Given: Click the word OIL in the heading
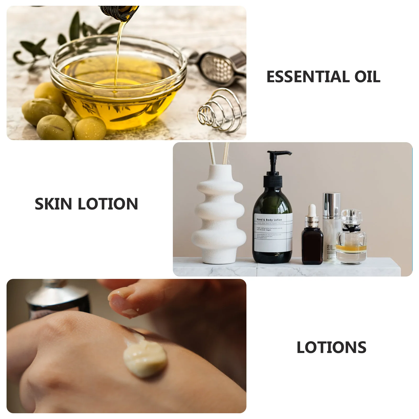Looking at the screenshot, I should (x=367, y=77).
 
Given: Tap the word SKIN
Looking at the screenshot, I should (x=53, y=204).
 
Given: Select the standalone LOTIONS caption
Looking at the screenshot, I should (x=331, y=348).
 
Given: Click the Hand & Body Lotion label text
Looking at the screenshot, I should (x=269, y=220).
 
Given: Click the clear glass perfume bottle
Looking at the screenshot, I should (x=351, y=238).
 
